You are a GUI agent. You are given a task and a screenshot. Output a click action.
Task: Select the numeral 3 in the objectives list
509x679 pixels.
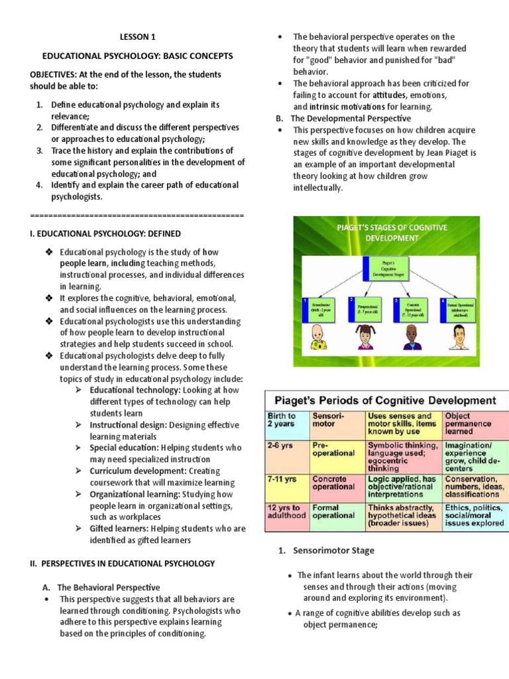coord(39,151)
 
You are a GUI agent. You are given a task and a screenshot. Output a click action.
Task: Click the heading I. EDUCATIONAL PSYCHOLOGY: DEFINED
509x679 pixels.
coord(105,233)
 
